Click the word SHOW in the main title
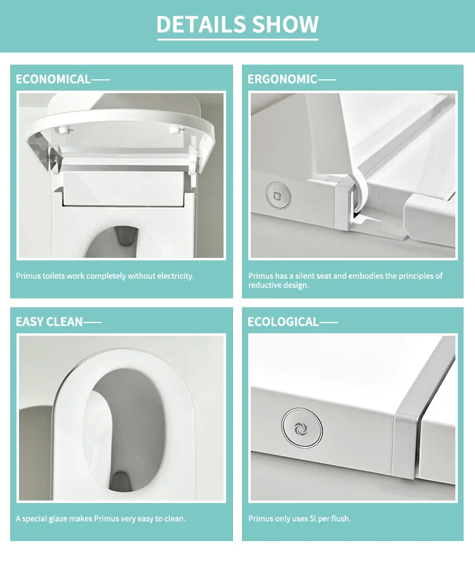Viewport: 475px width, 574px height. pos(286,24)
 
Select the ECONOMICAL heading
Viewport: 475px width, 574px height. pos(53,79)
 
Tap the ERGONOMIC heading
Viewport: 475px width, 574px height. pos(282,79)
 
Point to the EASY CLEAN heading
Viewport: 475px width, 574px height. pos(49,322)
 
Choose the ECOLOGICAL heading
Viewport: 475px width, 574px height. pos(284,322)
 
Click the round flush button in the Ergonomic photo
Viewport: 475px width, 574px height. pos(279,196)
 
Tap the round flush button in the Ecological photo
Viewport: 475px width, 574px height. pos(302,428)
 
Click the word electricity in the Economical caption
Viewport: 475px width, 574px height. pos(175,276)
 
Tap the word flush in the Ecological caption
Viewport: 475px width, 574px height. pos(341,519)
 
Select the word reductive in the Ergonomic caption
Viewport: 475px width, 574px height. pos(263,285)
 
